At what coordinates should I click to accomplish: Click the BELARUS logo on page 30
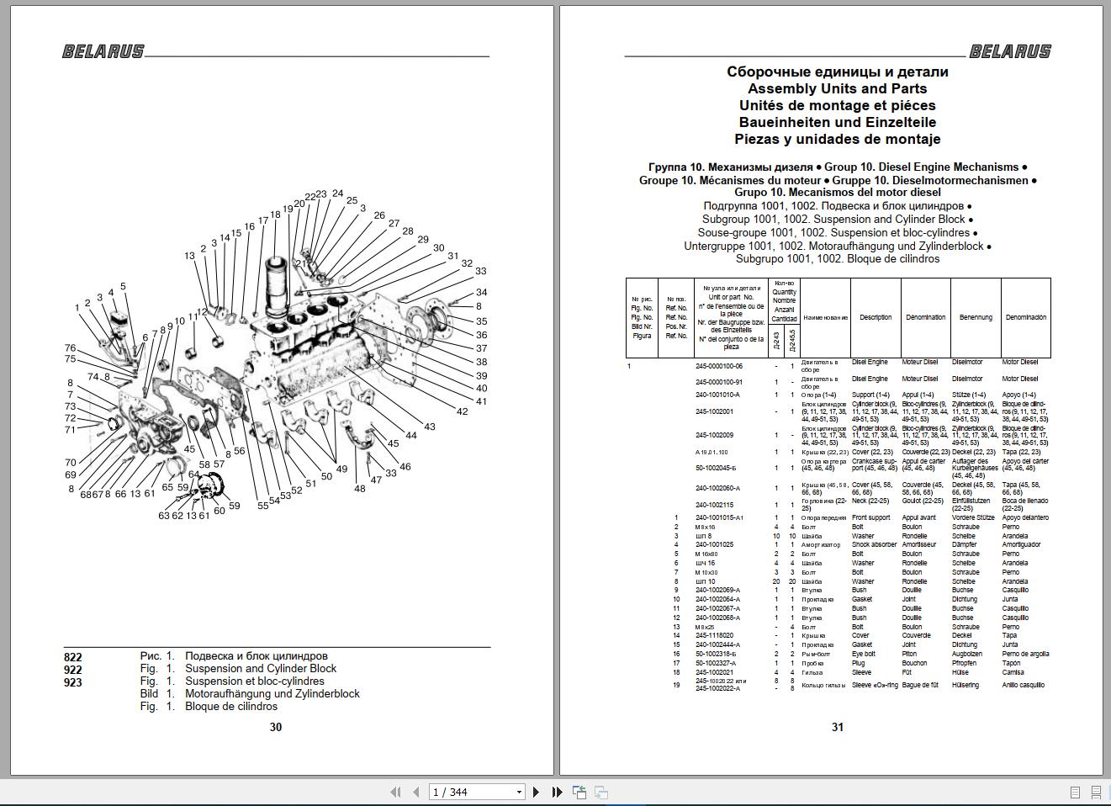(103, 51)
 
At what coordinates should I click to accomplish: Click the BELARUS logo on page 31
(1010, 51)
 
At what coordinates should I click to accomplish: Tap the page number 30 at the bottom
(276, 727)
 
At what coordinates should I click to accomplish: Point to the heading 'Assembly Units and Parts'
(837, 88)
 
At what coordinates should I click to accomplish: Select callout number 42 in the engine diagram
(463, 411)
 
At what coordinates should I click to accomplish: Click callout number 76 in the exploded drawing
(71, 348)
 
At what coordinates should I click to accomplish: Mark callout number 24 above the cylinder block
(337, 194)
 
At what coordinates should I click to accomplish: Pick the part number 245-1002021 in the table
(714, 672)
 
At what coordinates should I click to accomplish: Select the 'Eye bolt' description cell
(864, 654)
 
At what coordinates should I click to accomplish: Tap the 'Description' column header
(876, 317)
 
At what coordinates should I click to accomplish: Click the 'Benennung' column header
(976, 317)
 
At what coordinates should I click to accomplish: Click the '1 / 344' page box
(476, 792)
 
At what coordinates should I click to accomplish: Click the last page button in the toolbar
(557, 792)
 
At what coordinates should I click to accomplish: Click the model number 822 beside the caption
(73, 657)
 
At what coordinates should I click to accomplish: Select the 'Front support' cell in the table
(870, 517)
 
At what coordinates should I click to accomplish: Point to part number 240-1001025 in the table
(714, 544)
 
